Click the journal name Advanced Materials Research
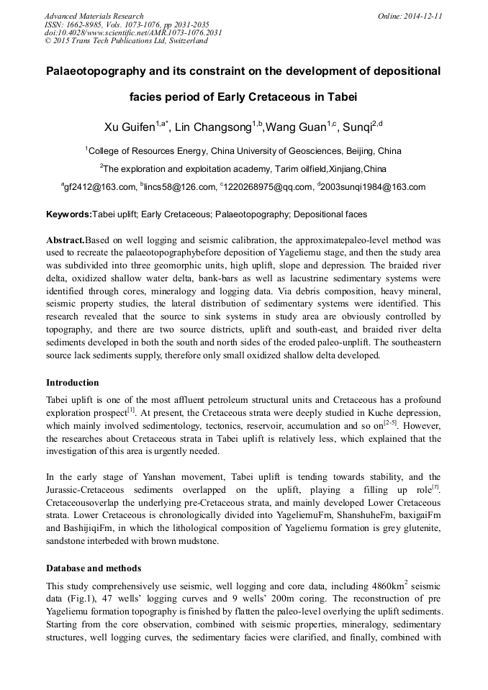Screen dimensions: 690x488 (x=94, y=16)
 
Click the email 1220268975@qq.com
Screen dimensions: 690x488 (x=268, y=187)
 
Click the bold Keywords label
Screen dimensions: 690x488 (x=68, y=214)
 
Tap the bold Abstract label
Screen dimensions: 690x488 (x=65, y=240)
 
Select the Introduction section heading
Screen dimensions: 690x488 (x=73, y=383)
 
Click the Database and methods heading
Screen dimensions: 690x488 (x=94, y=568)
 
